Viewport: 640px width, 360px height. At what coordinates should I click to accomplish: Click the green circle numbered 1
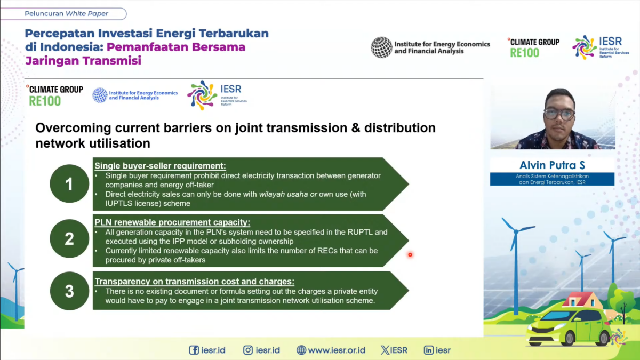(x=69, y=183)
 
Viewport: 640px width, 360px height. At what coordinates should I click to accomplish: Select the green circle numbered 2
(x=69, y=238)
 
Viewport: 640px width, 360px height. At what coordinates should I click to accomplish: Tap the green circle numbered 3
(x=69, y=291)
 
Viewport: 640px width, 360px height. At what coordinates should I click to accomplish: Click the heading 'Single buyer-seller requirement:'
(x=160, y=166)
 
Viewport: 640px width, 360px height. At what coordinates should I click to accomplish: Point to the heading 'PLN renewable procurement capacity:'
(x=172, y=222)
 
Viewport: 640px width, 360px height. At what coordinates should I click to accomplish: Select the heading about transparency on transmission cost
(x=194, y=282)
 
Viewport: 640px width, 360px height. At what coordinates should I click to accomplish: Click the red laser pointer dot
(x=410, y=254)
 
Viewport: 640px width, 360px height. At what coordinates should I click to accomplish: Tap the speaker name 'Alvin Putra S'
(x=552, y=165)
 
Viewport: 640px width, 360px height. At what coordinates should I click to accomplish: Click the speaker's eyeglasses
(x=559, y=114)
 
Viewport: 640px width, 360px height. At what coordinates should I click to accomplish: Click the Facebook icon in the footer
(x=194, y=350)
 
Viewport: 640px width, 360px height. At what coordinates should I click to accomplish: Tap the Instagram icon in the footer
(x=247, y=350)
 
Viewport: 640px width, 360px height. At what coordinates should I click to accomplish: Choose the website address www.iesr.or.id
(x=337, y=350)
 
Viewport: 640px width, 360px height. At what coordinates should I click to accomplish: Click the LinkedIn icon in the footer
(x=428, y=350)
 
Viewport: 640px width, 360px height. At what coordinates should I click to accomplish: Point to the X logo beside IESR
(x=385, y=350)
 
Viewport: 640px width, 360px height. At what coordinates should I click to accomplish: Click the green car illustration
(x=569, y=326)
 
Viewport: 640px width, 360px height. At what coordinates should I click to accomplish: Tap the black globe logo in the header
(x=381, y=47)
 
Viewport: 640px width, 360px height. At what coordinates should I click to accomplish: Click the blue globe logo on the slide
(x=100, y=95)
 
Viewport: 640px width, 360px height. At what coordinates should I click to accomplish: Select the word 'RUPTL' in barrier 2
(x=359, y=232)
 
